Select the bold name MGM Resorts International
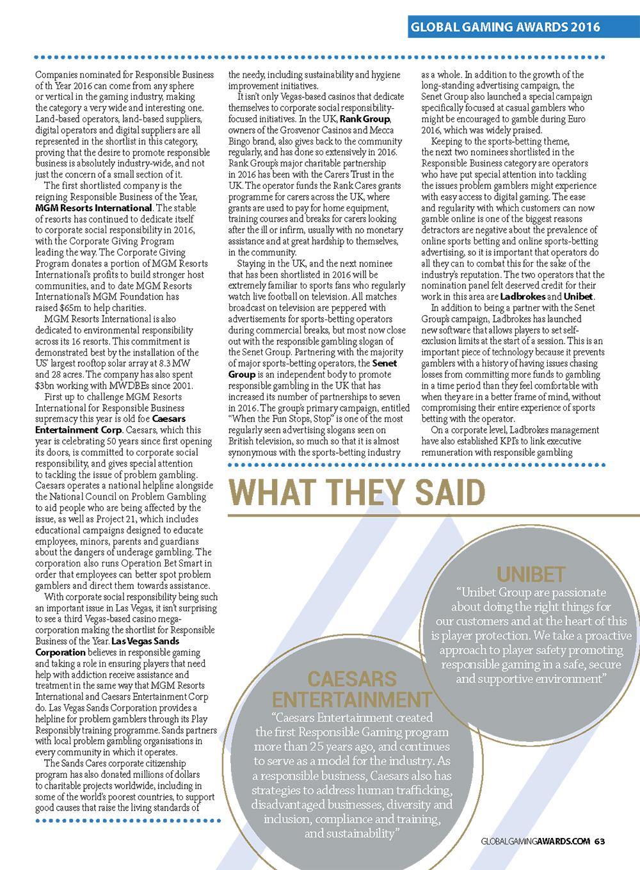[93, 208]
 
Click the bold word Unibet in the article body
[579, 296]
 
